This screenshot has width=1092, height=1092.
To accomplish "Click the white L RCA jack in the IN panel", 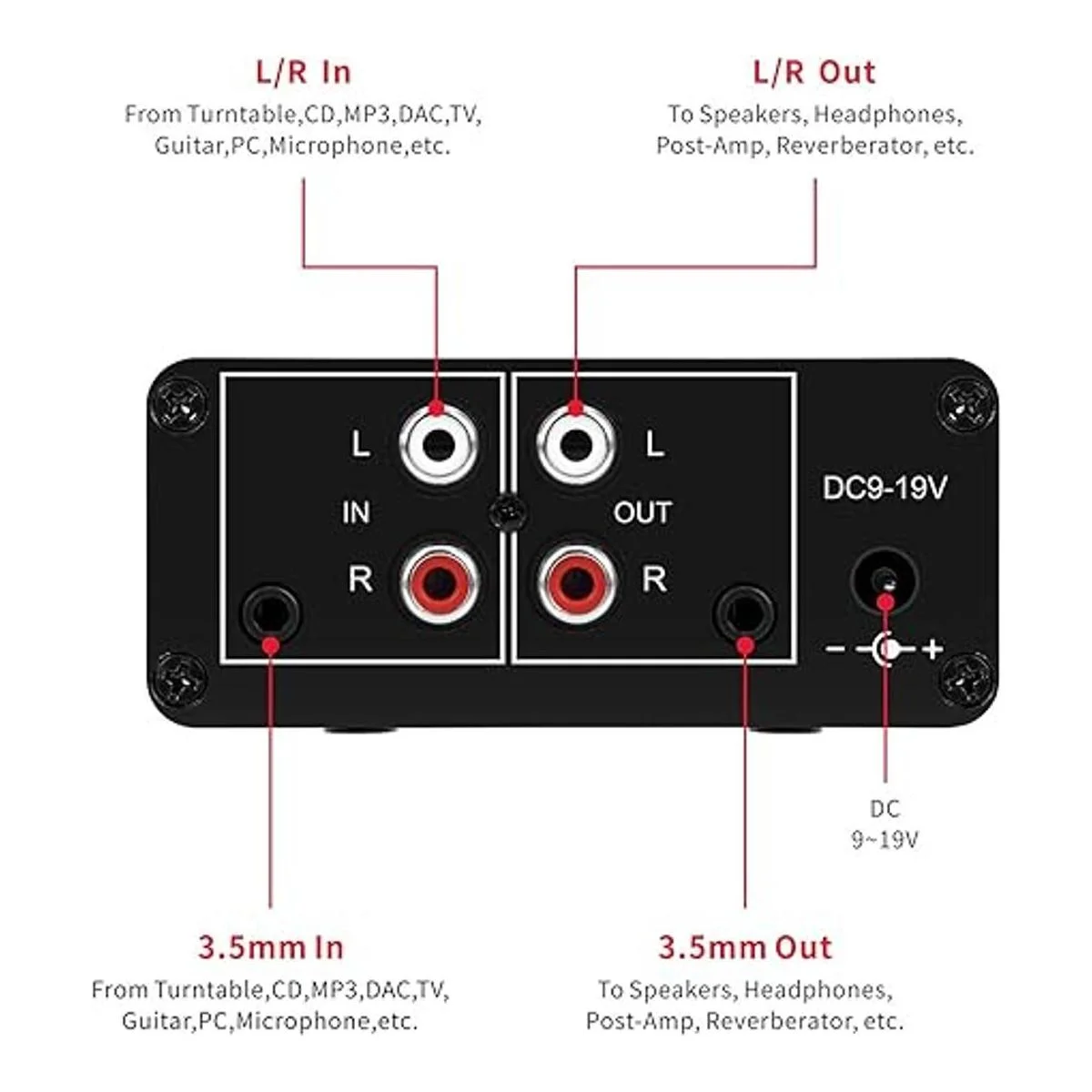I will click(440, 445).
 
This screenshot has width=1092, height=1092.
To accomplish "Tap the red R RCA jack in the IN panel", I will click(440, 580).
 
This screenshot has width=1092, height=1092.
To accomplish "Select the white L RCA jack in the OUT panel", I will click(575, 445).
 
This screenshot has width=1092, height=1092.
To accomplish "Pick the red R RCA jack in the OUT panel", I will click(575, 580).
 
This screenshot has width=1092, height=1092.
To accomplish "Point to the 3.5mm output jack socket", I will click(745, 613).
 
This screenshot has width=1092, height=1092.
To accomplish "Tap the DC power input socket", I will click(883, 580).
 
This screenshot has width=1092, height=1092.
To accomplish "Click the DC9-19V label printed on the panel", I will click(885, 488).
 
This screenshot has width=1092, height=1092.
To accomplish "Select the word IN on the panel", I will click(356, 513).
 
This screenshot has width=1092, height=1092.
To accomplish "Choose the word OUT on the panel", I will click(642, 513).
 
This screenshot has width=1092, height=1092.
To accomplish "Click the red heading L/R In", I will click(303, 72).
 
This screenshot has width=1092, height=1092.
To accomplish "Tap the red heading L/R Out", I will click(814, 72).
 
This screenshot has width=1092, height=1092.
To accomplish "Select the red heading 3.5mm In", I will click(271, 947).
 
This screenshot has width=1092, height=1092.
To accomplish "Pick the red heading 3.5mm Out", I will click(745, 947).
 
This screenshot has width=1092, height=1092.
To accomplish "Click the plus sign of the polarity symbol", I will click(933, 650).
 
